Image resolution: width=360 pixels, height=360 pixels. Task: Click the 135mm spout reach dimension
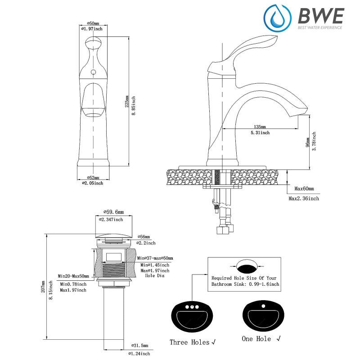click(x=260, y=126)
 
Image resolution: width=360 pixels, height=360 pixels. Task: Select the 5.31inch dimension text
click(x=260, y=133)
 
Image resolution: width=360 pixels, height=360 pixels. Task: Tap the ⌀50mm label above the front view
click(x=92, y=23)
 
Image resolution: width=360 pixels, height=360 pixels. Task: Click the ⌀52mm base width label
click(x=92, y=177)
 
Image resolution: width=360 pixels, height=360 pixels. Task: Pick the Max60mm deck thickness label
click(x=304, y=189)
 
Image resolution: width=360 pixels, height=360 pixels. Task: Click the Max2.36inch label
click(x=304, y=198)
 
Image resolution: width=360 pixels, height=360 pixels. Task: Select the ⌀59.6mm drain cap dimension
click(x=113, y=211)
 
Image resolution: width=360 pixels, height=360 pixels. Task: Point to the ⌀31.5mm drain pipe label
click(x=138, y=346)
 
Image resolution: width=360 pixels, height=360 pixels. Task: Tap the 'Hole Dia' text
click(x=155, y=275)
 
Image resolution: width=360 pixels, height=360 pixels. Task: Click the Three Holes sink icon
click(x=189, y=317)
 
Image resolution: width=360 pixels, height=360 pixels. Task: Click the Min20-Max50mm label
click(x=73, y=276)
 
